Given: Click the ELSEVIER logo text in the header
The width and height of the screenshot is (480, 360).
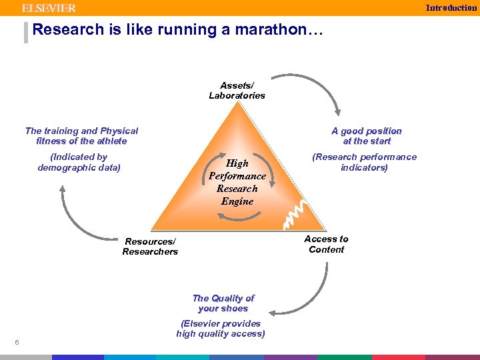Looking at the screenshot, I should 49,8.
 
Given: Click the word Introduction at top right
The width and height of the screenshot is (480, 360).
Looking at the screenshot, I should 451,8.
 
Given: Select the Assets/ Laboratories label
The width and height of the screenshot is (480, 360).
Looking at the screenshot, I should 237,91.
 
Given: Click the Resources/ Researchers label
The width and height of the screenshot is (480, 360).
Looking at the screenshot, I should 150,247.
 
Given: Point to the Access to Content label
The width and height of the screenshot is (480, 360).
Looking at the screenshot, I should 326,244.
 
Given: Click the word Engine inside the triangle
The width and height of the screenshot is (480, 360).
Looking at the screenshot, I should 237,201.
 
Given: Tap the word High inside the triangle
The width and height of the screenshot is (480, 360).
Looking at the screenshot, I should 237,163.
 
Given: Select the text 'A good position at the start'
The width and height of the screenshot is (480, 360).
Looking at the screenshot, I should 367,136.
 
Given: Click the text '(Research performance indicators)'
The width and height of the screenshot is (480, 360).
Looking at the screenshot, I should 364,162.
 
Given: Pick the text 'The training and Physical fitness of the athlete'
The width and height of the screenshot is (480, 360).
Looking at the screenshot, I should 81,136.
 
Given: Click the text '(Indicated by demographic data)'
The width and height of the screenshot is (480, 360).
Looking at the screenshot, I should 79,162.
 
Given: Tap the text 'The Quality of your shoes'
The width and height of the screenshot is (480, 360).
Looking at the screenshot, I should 223,303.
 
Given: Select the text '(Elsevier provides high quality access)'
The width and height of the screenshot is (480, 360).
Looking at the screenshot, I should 221,329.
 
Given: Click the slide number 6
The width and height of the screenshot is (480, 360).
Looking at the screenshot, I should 16,343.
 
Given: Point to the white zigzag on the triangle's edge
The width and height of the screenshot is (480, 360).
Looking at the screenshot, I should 295,210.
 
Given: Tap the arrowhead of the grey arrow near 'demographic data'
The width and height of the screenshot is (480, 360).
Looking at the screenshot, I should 62,190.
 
